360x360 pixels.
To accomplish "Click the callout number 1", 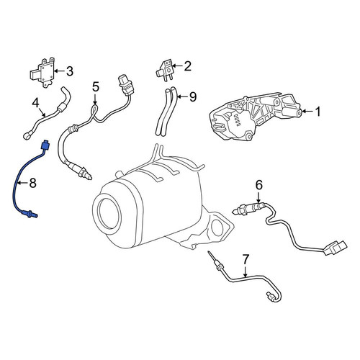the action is pos(318,112).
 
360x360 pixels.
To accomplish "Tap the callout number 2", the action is pos(187,66).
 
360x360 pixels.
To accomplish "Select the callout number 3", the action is pos(69,71).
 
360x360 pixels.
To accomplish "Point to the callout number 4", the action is pos(35,103).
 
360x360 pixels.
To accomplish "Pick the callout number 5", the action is pos(96,87).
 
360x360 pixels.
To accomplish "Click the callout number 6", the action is pos(259,185).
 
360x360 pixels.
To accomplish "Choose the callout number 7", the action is pos(246,259).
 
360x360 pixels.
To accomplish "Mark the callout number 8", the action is pos(32,183).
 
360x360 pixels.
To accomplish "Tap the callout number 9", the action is pos(193,96).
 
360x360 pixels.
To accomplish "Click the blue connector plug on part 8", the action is pos(45,145).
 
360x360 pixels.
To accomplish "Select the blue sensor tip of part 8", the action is pos(30,214).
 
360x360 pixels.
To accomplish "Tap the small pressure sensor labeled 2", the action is pos(165,70).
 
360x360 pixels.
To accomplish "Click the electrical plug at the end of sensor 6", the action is pos(335,248).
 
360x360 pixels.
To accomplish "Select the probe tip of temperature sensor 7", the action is pos(210,256).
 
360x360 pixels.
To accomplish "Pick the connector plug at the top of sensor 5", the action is pos(126,85).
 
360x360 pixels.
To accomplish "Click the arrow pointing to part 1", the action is pos(307,112).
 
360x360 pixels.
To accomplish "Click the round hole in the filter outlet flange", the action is pos(217,228).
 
